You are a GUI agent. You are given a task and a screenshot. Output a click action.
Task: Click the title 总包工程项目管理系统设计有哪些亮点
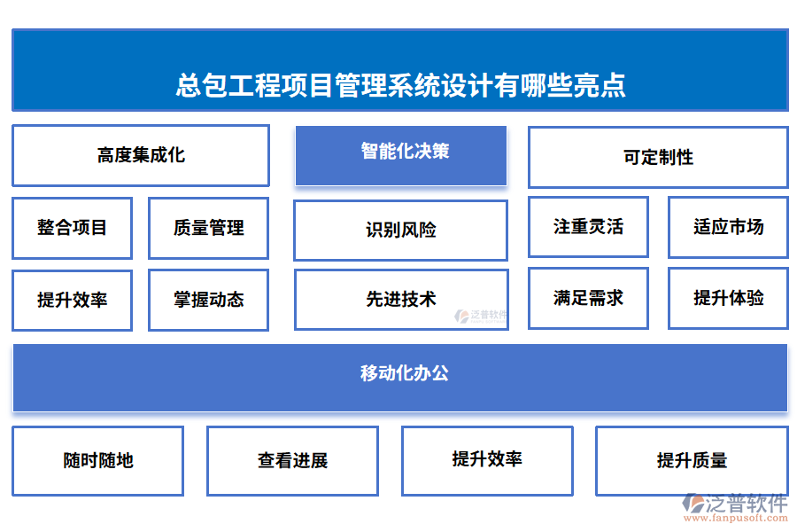(400, 85)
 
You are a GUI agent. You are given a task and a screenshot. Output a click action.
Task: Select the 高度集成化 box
(141, 155)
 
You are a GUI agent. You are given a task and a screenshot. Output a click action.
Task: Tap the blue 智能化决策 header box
(401, 152)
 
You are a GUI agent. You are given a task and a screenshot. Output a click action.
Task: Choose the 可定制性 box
(658, 158)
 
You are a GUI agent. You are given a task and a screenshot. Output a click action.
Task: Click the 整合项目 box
(72, 228)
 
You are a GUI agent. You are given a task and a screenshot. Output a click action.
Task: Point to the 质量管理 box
(208, 228)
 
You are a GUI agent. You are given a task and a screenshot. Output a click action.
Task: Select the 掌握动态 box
(208, 300)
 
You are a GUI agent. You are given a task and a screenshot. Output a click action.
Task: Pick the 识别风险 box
(401, 231)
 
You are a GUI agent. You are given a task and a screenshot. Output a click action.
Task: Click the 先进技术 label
(401, 300)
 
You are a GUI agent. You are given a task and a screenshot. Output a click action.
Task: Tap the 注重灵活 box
(588, 227)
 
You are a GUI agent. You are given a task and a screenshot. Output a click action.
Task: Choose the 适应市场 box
(728, 227)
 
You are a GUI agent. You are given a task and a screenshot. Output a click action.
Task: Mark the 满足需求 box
(588, 298)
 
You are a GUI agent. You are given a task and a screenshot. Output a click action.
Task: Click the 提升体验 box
(728, 298)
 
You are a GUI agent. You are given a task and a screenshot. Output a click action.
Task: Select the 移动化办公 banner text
(401, 373)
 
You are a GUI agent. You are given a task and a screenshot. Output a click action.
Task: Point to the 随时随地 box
(97, 460)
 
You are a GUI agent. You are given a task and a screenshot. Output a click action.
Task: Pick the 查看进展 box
(292, 460)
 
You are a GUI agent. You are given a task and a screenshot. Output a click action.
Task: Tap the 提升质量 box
(692, 460)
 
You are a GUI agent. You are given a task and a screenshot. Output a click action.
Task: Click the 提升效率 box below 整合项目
(72, 300)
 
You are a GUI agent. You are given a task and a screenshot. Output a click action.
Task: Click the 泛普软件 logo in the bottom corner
(736, 504)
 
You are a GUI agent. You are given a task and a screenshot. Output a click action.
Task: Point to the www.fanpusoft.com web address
(736, 520)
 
